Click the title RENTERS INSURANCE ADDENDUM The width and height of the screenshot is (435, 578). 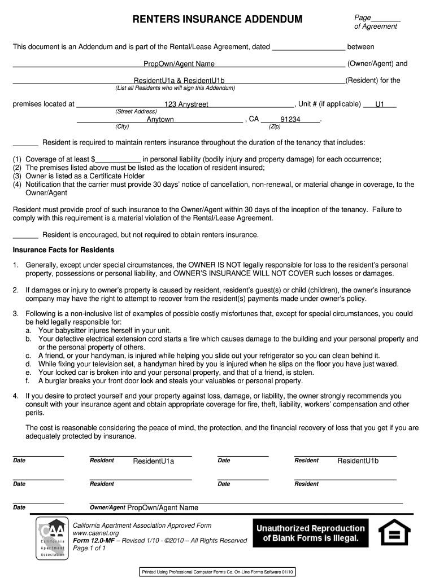coord(217,20)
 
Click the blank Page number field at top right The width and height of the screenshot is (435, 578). coord(386,18)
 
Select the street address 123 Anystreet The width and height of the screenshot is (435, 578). coord(186,104)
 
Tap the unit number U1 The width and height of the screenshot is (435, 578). coord(380,104)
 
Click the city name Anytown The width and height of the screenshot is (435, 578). coord(160,120)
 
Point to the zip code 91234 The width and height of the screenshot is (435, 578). coord(290,120)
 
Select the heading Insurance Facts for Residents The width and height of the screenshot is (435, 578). coord(63,249)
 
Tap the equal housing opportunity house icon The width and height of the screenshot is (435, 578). coord(394,533)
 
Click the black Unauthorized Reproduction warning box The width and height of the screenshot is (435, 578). coord(311,533)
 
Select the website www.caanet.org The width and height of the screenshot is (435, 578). coord(95,533)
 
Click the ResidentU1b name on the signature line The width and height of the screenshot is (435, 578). coord(358,461)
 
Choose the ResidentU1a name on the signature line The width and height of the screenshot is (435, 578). coord(153,462)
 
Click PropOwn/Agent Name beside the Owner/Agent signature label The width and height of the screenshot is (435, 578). coord(163,507)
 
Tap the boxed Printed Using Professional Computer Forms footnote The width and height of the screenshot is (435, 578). coord(217,572)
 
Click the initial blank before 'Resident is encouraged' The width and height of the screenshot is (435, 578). coord(25,235)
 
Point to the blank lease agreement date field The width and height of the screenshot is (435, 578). coord(308,47)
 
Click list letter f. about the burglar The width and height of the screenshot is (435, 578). coord(28,381)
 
